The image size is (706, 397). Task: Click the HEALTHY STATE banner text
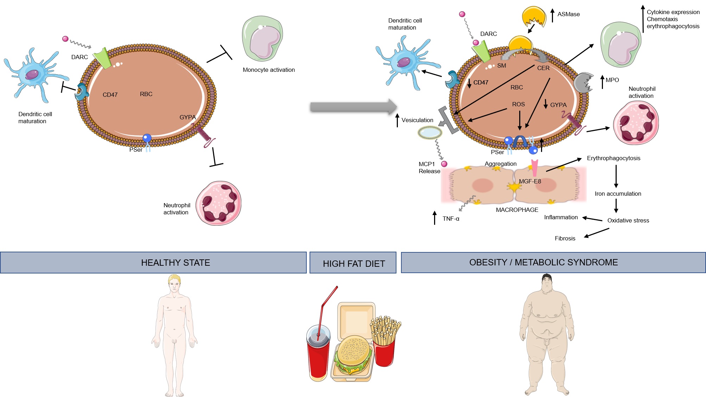pyautogui.click(x=176, y=263)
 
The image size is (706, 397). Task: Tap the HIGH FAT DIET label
pyautogui.click(x=354, y=264)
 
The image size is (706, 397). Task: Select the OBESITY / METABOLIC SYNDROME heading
pyautogui.click(x=543, y=262)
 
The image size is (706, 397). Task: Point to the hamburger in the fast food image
pyautogui.click(x=352, y=354)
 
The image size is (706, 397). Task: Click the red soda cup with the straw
pyautogui.click(x=319, y=355)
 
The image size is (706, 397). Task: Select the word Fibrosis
pyautogui.click(x=565, y=238)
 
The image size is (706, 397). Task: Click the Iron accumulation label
pyautogui.click(x=618, y=194)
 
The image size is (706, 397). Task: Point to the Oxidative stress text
pyautogui.click(x=628, y=220)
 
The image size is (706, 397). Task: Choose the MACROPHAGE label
pyautogui.click(x=517, y=210)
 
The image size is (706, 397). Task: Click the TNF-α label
pyautogui.click(x=451, y=219)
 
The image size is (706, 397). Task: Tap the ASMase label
pyautogui.click(x=568, y=14)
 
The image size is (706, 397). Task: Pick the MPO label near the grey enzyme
pyautogui.click(x=612, y=80)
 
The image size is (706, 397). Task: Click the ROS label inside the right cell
pyautogui.click(x=518, y=104)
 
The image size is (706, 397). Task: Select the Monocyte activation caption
pyautogui.click(x=268, y=70)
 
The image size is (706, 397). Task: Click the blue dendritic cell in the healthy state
pyautogui.click(x=33, y=75)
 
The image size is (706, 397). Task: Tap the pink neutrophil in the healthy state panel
pyautogui.click(x=218, y=203)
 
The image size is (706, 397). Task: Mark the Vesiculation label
pyautogui.click(x=417, y=120)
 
